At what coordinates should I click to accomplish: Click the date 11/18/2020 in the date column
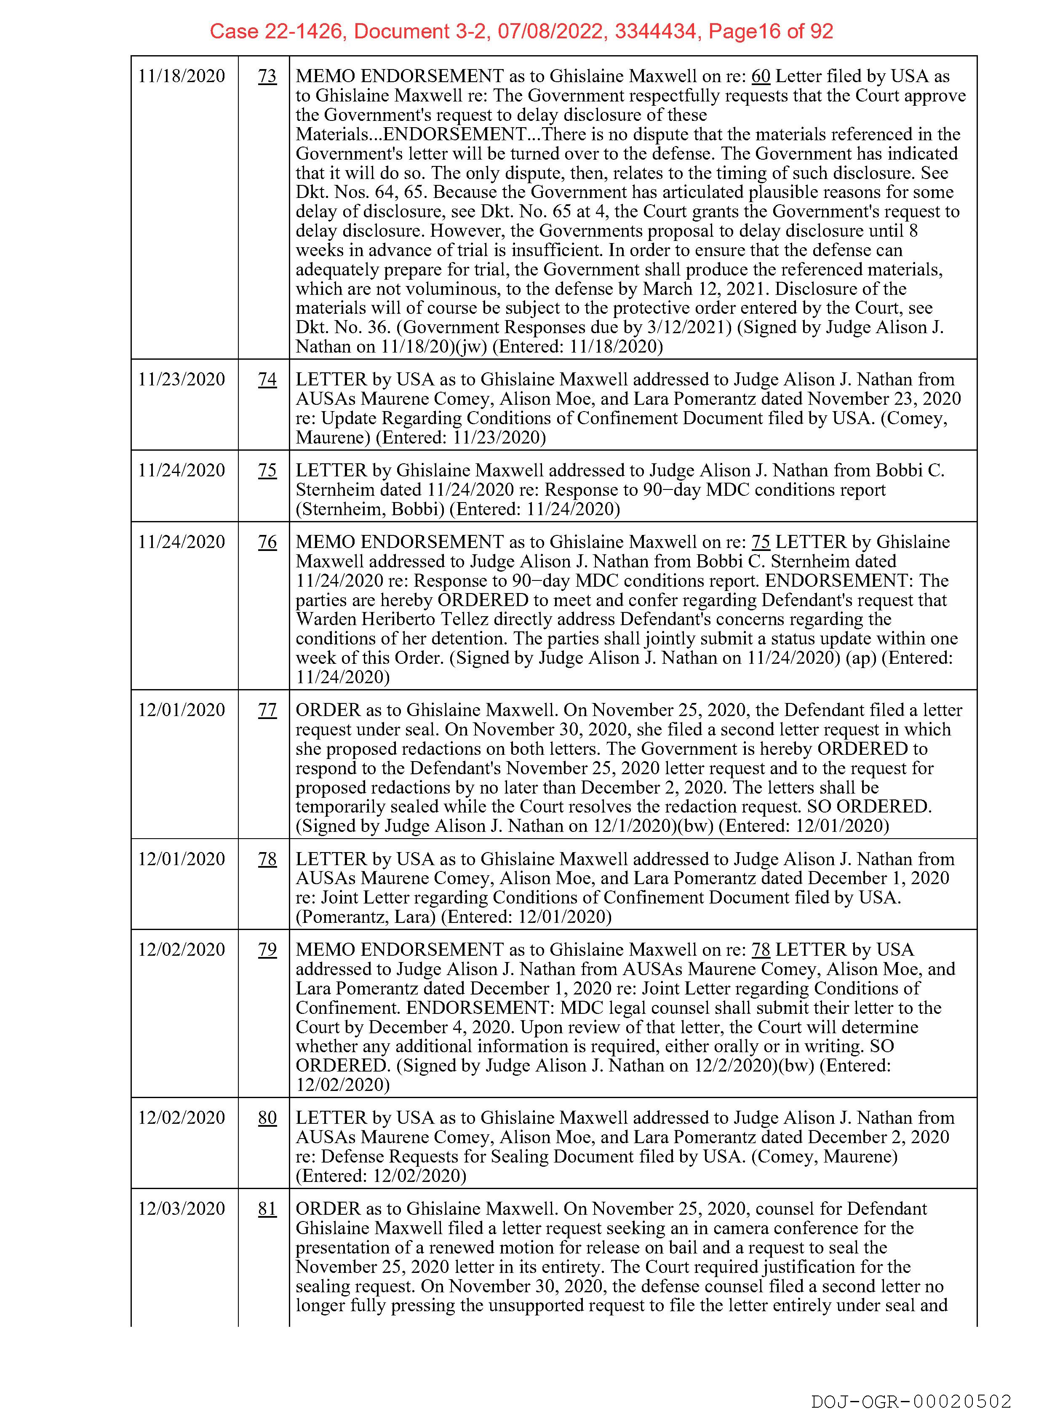coord(182,77)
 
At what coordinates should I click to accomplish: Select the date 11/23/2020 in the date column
coord(182,380)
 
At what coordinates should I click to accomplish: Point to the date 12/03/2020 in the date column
coord(182,1209)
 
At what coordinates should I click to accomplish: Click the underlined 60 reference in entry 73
coord(760,77)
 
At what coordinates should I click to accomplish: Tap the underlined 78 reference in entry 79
coord(760,950)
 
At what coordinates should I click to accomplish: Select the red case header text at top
coord(521,31)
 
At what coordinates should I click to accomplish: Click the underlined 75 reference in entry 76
coord(760,543)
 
